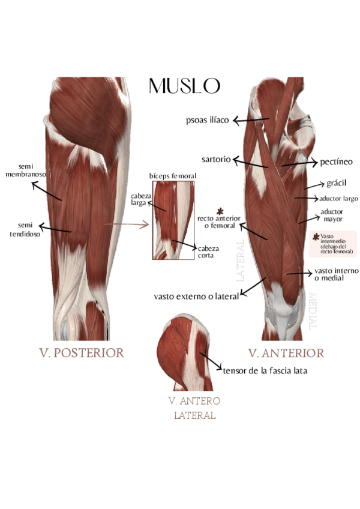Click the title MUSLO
pos(184,86)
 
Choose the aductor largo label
pos(338,198)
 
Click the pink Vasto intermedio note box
pos(337,244)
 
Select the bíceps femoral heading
pos(173,176)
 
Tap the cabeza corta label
pos(208,251)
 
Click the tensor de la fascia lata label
pos(265,371)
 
